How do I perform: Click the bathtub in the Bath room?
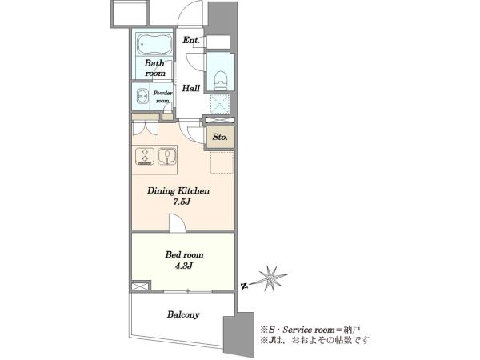154,44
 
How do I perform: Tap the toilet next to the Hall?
221,81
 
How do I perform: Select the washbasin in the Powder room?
142,97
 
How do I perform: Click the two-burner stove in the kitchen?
145,157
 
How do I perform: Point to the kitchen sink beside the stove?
166,157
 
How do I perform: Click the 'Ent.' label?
191,40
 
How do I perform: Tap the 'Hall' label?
191,89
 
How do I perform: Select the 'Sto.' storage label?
220,137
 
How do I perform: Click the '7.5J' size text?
182,202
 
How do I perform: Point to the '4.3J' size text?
184,266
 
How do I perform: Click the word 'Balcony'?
183,314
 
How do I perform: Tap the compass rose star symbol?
271,278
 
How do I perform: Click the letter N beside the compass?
244,286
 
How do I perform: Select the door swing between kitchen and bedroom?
178,223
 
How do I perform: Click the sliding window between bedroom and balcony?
188,292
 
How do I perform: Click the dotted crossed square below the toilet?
220,103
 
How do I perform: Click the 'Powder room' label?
162,97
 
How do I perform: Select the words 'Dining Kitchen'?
178,190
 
